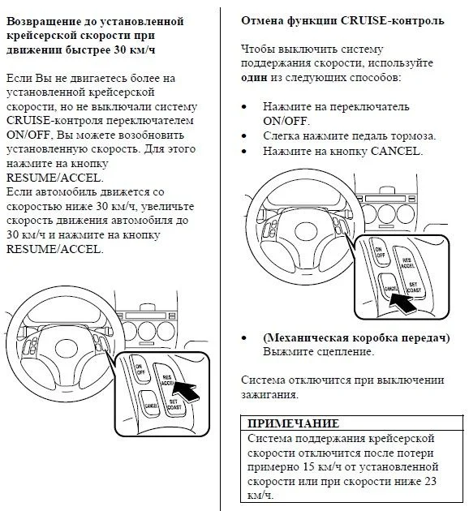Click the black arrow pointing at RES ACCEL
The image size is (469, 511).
pos(186,390)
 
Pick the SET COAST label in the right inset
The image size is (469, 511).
pos(414,287)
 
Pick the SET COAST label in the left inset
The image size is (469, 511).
pos(174,405)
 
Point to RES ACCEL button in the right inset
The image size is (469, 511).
pos(407,263)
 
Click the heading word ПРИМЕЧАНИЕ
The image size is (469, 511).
pos(293,423)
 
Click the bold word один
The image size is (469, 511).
pos(254,78)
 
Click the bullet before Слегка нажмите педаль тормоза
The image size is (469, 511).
pos(244,136)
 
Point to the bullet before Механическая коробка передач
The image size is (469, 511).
pos(244,338)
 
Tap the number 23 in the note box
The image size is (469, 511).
pos(430,481)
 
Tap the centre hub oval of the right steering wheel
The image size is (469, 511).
pos(305,231)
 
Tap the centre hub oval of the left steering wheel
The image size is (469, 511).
pos(67,348)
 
